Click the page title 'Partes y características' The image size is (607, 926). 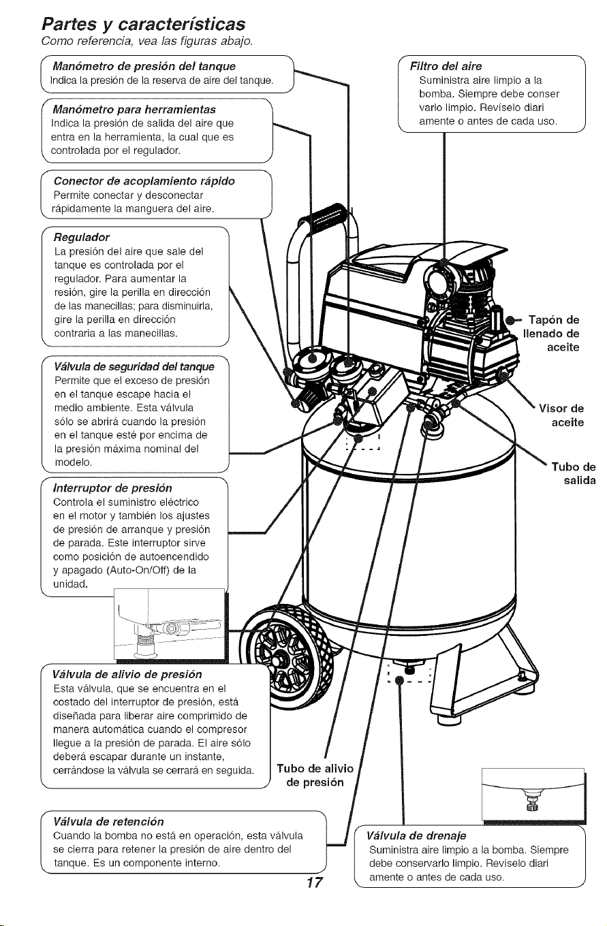143,25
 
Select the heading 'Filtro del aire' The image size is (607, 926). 446,66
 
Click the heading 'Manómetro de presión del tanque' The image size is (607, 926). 144,66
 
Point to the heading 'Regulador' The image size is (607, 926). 82,238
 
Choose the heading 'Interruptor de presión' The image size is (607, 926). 112,488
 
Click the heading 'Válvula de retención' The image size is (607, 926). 108,821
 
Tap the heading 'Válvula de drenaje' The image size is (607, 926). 416,835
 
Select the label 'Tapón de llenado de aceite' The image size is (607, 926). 551,333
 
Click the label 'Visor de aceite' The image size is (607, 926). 561,415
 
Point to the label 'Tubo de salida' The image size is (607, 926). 574,473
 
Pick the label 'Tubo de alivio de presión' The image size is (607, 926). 315,775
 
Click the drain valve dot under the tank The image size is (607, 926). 399,680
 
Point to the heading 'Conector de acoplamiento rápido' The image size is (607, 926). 144,181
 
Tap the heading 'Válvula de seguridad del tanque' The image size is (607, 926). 134,367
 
